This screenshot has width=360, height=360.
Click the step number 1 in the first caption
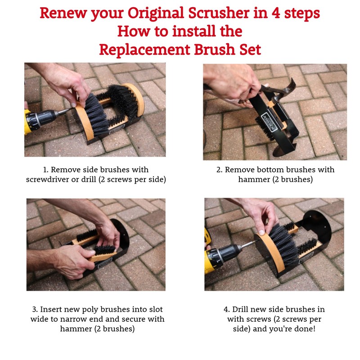tap(45, 170)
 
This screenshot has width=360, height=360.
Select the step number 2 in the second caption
tap(219, 170)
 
